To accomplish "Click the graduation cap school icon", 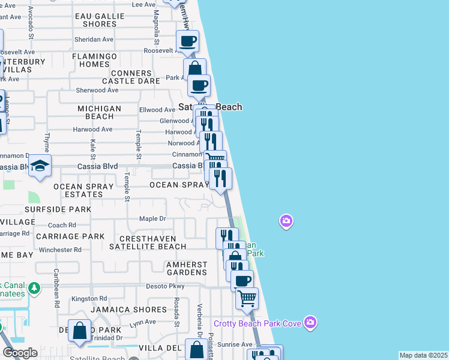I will [x=40, y=166].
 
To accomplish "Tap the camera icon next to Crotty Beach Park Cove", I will [x=310, y=323].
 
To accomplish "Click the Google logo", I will [x=20, y=353].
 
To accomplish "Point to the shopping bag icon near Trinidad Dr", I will [x=79, y=331].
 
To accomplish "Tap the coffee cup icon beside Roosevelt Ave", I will [x=188, y=41].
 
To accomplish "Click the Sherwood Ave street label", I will [x=97, y=90].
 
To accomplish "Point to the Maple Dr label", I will [x=152, y=218].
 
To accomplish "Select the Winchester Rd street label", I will [x=60, y=250].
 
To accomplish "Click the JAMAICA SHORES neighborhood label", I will [x=128, y=310].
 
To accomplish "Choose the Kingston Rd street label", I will [x=89, y=298].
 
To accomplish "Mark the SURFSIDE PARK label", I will [x=58, y=209].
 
